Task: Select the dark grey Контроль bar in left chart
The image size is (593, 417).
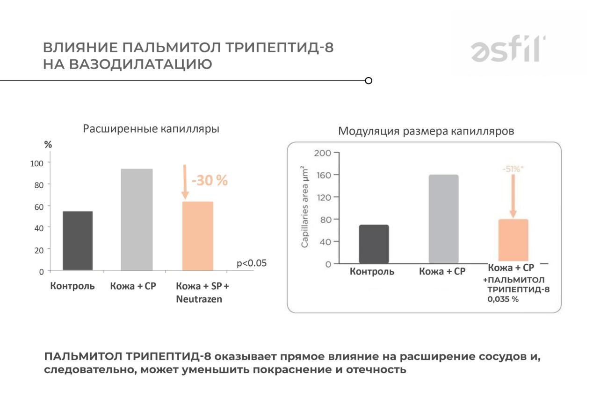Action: click(x=78, y=240)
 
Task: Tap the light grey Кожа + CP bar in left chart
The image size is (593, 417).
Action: click(x=137, y=219)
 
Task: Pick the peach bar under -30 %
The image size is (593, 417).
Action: click(x=197, y=236)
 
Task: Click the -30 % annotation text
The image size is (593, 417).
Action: click(x=210, y=180)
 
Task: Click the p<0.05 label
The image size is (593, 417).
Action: click(x=252, y=263)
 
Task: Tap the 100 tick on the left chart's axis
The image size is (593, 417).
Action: click(x=36, y=163)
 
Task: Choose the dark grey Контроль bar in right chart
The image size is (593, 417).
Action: click(x=374, y=244)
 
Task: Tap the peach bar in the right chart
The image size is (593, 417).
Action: click(x=513, y=240)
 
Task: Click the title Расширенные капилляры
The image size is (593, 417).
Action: click(x=151, y=128)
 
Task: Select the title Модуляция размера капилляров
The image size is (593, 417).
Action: click(x=426, y=131)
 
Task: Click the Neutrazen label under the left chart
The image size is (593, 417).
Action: click(x=199, y=299)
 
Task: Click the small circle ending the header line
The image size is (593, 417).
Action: click(x=369, y=81)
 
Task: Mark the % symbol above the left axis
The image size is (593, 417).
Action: click(x=48, y=145)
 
